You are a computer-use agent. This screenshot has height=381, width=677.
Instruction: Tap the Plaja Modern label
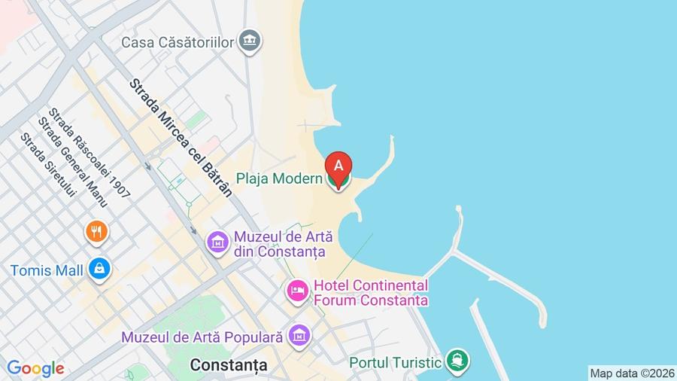(280, 179)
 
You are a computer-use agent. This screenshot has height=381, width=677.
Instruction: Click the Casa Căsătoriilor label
(178, 42)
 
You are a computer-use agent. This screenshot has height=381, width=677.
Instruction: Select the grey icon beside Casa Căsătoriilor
(250, 41)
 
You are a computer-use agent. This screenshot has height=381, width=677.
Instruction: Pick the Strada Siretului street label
(49, 168)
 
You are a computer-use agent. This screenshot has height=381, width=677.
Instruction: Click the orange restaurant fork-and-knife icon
(97, 232)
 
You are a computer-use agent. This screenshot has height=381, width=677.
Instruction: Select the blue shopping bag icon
(99, 268)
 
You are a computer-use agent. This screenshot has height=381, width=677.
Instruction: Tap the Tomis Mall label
(47, 270)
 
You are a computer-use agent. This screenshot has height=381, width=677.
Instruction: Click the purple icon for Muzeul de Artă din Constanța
(218, 242)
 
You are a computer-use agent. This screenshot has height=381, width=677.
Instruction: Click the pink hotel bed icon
(298, 291)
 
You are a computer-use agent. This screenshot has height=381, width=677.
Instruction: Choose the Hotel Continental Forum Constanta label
(370, 293)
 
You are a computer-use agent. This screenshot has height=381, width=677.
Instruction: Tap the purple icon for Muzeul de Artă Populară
(299, 336)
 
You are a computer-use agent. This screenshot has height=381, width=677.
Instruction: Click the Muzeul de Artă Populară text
(202, 337)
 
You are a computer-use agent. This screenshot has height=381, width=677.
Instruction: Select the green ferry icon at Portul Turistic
(456, 361)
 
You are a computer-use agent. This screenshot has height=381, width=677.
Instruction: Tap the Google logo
(35, 368)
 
